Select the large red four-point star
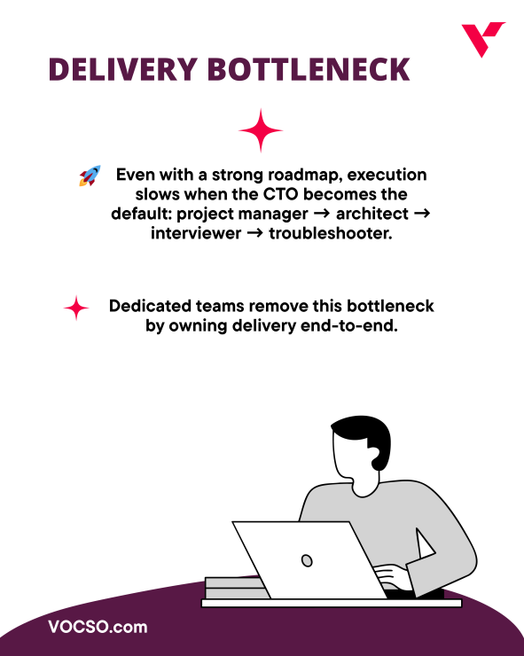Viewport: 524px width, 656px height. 261,132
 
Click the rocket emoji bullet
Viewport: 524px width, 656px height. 90,176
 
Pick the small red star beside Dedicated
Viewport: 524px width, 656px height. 77,308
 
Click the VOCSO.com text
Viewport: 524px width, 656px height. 98,628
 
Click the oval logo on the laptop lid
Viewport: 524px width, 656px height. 307,560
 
